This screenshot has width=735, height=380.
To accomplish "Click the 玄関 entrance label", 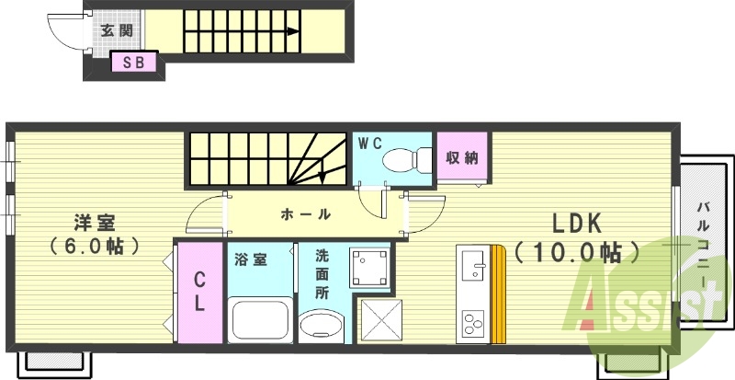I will point(116,29).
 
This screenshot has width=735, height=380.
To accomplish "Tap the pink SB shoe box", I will point(133,63).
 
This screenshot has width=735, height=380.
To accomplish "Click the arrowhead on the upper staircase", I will point(292,31).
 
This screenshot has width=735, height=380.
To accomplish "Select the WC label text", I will point(369,143).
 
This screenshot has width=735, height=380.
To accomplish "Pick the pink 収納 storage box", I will point(462,157).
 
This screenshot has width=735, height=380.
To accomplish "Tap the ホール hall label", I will point(305,213).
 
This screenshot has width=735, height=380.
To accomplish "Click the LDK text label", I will point(575,223).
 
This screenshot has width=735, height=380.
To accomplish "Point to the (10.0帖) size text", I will point(577,251).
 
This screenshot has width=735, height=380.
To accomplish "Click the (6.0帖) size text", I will point(95,246).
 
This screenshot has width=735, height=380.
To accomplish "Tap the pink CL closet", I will point(198,292).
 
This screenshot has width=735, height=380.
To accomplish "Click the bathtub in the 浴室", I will point(259,317).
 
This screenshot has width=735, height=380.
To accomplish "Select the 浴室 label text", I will point(251,259).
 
